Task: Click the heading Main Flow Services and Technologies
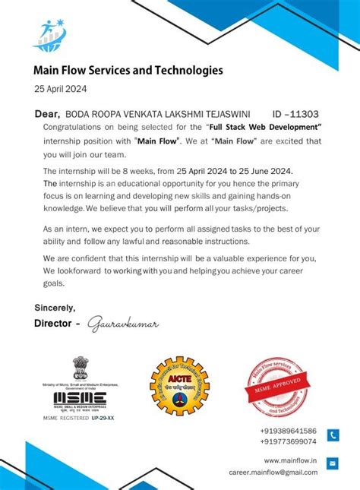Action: (x=128, y=71)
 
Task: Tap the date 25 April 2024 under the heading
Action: (x=61, y=89)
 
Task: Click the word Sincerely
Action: (x=55, y=308)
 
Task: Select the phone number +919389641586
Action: (x=288, y=431)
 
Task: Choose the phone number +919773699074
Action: (x=288, y=441)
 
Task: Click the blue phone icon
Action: (x=333, y=435)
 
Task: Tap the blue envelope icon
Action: (x=333, y=463)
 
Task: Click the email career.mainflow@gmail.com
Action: (x=273, y=472)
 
